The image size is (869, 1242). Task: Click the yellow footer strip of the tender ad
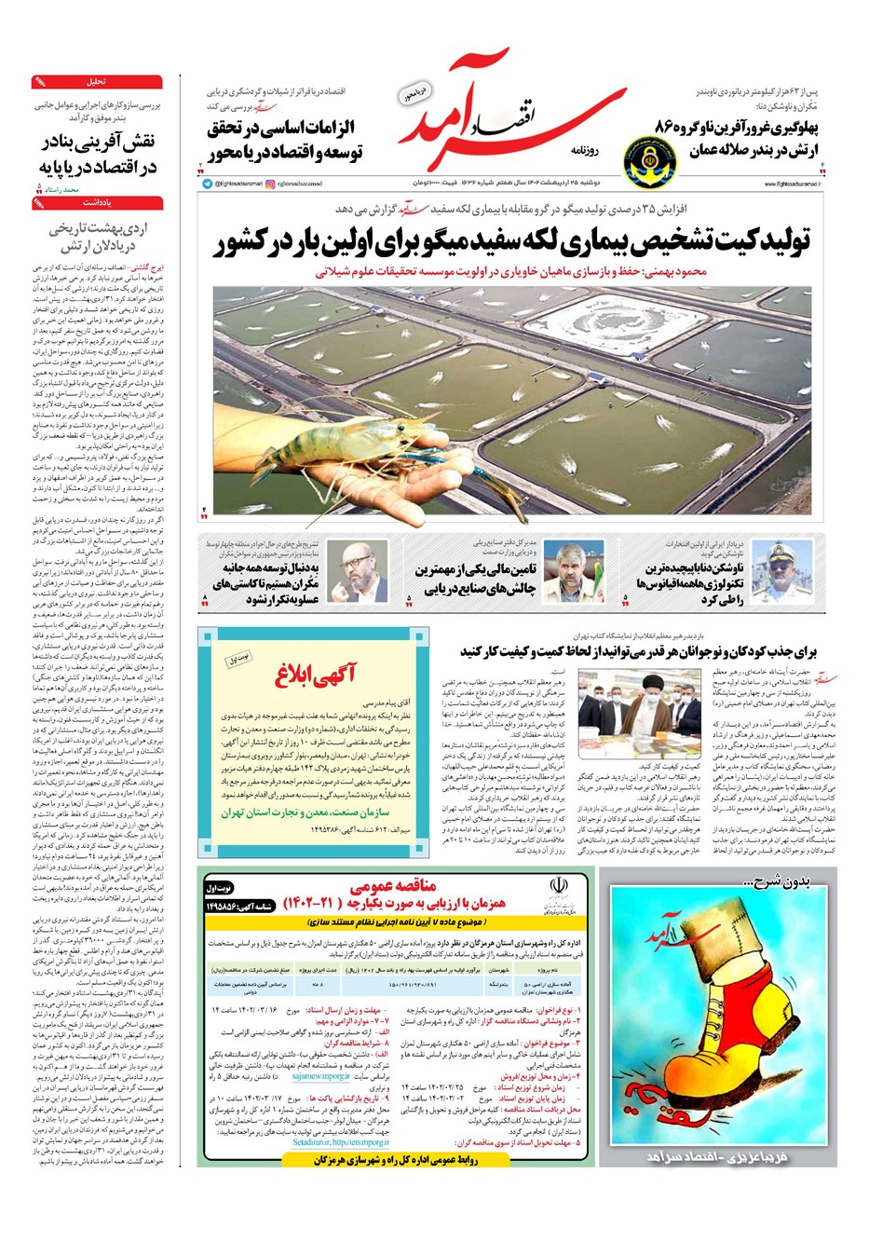(396, 1159)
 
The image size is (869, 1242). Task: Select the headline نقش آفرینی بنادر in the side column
(98, 155)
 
